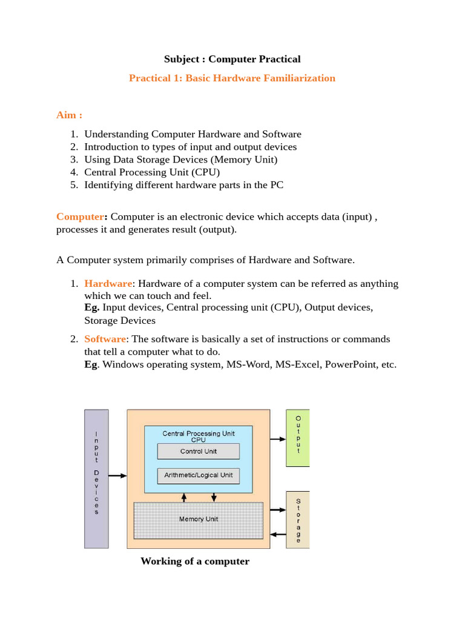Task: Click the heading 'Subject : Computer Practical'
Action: pyautogui.click(x=232, y=59)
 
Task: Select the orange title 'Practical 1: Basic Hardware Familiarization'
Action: pyautogui.click(x=232, y=78)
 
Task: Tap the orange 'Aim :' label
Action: pyautogui.click(x=69, y=115)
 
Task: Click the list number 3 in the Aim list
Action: pyautogui.click(x=74, y=159)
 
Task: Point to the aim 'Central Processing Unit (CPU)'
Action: pyautogui.click(x=152, y=172)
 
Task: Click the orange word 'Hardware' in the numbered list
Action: pyautogui.click(x=108, y=284)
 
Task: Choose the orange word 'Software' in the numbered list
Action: pyautogui.click(x=105, y=339)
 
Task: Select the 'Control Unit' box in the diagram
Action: pyautogui.click(x=198, y=451)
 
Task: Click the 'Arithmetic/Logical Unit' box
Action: pyautogui.click(x=198, y=475)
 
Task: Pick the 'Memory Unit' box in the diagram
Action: pyautogui.click(x=198, y=520)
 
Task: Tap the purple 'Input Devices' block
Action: pyautogui.click(x=96, y=478)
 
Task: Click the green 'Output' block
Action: pyautogui.click(x=297, y=437)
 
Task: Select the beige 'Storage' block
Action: pyautogui.click(x=297, y=519)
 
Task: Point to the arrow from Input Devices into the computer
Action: pyautogui.click(x=117, y=476)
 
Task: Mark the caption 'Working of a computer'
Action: pyautogui.click(x=194, y=561)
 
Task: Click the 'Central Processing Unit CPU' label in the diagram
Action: pyautogui.click(x=198, y=436)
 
